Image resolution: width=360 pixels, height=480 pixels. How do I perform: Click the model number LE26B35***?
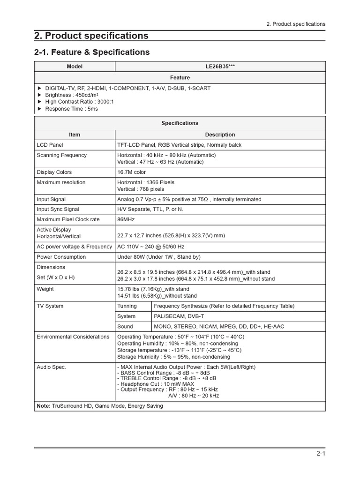tap(220, 67)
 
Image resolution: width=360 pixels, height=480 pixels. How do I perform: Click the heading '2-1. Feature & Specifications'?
tap(92, 52)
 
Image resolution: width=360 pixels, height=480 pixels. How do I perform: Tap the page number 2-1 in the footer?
tap(320, 453)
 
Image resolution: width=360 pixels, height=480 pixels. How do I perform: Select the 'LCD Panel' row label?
tap(50, 145)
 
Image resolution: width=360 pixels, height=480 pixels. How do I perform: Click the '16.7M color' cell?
tap(131, 172)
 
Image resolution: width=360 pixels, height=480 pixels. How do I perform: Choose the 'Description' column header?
tap(220, 135)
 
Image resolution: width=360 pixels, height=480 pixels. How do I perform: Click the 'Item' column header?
tap(75, 135)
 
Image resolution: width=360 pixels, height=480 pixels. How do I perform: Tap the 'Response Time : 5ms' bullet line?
tap(71, 109)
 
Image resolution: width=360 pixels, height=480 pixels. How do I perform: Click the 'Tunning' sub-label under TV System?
tap(127, 306)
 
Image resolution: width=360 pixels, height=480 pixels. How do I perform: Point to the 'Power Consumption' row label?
tap(61, 257)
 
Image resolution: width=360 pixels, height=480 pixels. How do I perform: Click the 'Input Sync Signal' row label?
tap(58, 209)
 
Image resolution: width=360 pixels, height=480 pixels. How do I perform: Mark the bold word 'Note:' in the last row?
tap(44, 406)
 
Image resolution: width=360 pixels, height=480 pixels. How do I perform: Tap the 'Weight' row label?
tap(45, 289)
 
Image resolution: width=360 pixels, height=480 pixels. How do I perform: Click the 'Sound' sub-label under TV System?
tap(125, 327)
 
